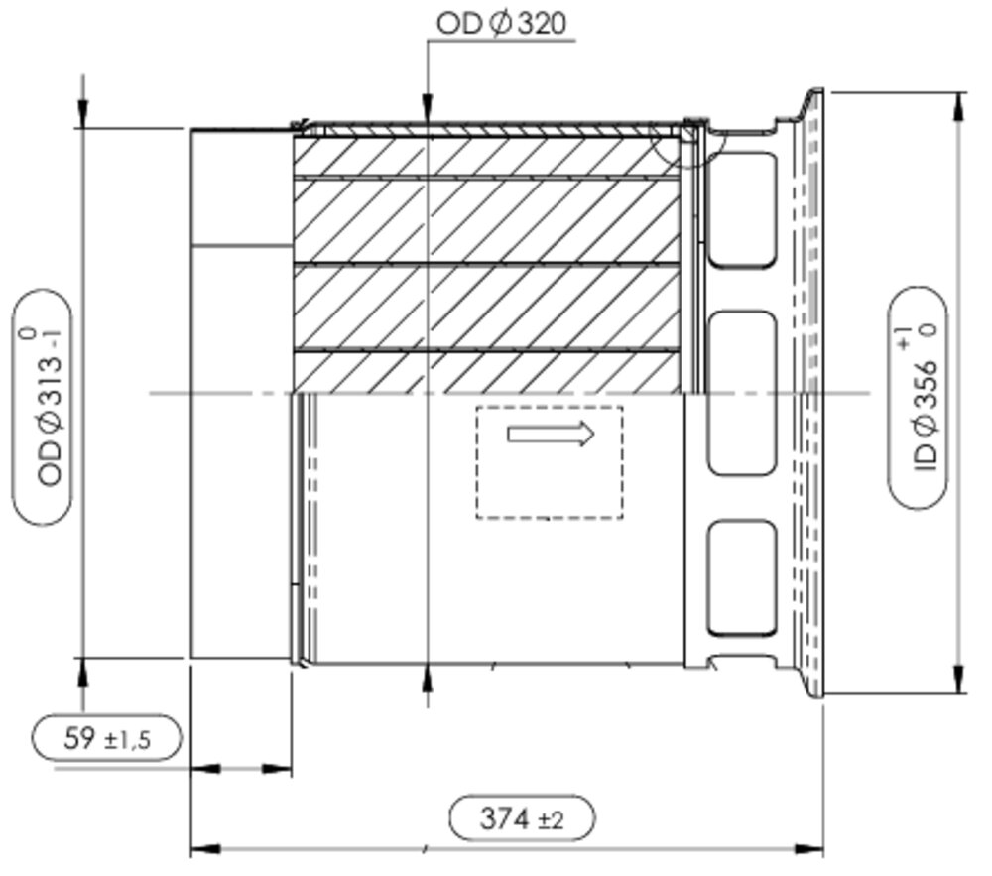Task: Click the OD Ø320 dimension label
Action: point(502,24)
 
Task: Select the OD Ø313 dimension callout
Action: point(43,407)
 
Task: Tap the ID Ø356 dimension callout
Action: point(918,397)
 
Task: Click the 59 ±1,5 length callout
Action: point(106,738)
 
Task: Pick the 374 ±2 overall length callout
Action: point(522,818)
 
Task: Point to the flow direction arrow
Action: point(551,435)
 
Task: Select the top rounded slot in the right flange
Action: point(741,209)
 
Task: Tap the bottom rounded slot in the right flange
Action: point(741,577)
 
